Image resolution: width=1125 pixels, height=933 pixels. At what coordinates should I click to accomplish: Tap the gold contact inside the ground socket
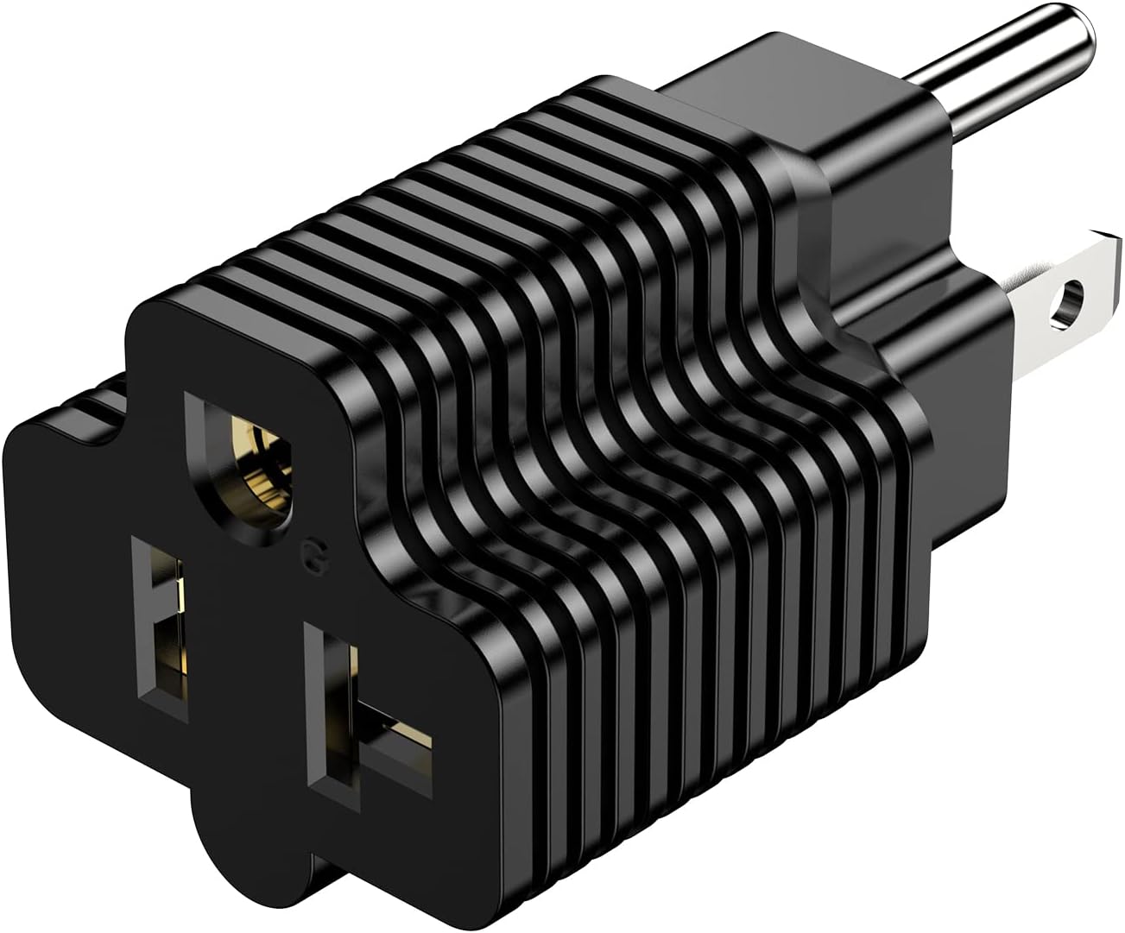pyautogui.click(x=262, y=470)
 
